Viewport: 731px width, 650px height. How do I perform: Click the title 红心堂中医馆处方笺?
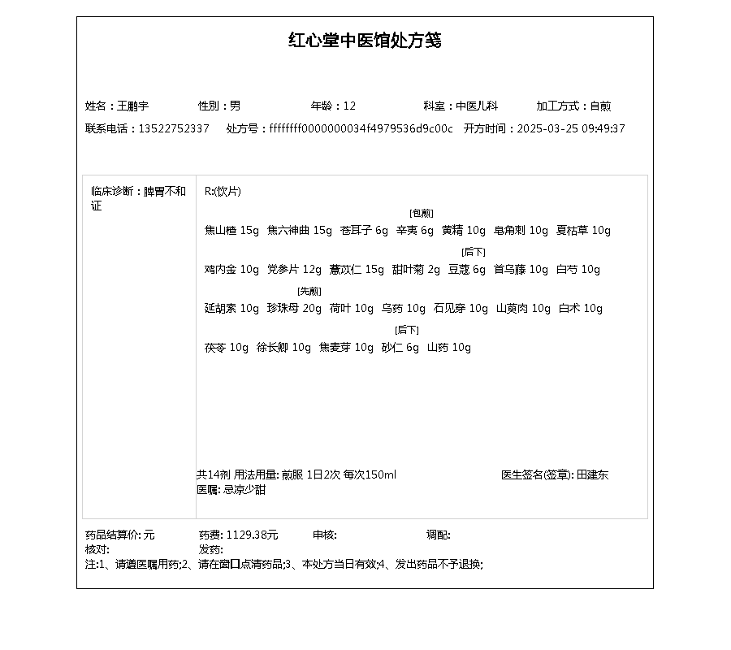tap(365, 41)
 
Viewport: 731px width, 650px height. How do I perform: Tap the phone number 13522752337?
tap(174, 128)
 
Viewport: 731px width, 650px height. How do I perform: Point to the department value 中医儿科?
tap(477, 106)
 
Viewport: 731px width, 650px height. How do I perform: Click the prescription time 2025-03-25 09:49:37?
tap(571, 128)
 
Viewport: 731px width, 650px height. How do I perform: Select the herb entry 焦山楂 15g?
tap(231, 230)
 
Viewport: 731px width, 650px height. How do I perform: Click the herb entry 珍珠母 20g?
tap(294, 308)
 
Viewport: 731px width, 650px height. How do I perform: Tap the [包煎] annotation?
tap(422, 213)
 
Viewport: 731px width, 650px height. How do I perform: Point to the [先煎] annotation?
tap(309, 291)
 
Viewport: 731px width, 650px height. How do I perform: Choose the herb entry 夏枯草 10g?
tap(583, 230)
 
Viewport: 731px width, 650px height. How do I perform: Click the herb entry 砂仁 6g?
tap(400, 347)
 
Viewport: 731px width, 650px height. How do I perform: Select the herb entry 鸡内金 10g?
tap(231, 269)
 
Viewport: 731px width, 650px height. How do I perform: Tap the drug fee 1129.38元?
tap(252, 535)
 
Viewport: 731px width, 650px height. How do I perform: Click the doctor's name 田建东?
tap(593, 474)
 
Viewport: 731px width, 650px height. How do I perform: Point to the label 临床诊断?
tap(113, 192)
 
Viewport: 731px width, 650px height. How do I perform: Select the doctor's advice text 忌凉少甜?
tap(244, 489)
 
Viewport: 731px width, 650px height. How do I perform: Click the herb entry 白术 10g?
tap(581, 308)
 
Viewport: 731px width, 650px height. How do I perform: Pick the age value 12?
tap(350, 106)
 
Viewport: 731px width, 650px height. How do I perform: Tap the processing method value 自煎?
tap(600, 106)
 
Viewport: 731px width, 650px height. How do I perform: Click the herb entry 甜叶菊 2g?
tap(416, 269)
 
